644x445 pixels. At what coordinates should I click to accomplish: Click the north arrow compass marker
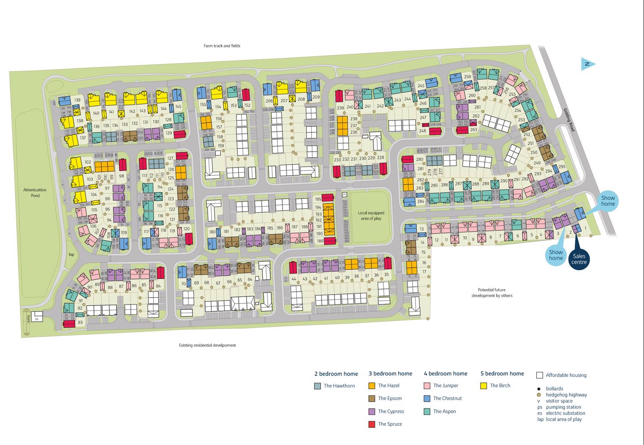pyautogui.click(x=588, y=64)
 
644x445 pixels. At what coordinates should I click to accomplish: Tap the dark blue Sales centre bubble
pyautogui.click(x=579, y=259)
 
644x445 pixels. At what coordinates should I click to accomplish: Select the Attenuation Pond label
pyautogui.click(x=35, y=192)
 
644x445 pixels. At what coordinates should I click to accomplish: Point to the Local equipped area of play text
pyautogui.click(x=370, y=216)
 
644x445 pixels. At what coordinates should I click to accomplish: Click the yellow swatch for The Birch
pyautogui.click(x=483, y=386)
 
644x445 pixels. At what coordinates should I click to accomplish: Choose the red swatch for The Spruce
pyautogui.click(x=372, y=424)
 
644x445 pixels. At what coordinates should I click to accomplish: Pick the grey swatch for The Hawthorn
pyautogui.click(x=318, y=386)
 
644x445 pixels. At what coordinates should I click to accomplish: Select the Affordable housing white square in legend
pyautogui.click(x=540, y=375)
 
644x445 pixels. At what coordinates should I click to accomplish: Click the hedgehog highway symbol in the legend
pyautogui.click(x=539, y=395)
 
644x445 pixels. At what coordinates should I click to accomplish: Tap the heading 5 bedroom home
pyautogui.click(x=502, y=373)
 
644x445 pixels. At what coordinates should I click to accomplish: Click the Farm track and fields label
pyautogui.click(x=222, y=46)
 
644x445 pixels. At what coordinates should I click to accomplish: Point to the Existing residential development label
pyautogui.click(x=207, y=345)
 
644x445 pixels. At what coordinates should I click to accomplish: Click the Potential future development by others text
pyautogui.click(x=492, y=293)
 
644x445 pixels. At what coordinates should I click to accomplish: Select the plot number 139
pyautogui.click(x=77, y=100)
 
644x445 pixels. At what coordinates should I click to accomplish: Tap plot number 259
pyautogui.click(x=468, y=77)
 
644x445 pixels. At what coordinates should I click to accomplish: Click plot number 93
pyautogui.click(x=80, y=323)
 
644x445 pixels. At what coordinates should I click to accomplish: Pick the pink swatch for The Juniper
pyautogui.click(x=427, y=386)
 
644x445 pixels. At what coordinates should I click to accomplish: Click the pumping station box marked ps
pyautogui.click(x=37, y=318)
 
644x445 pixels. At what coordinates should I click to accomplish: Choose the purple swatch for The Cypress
pyautogui.click(x=372, y=411)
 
